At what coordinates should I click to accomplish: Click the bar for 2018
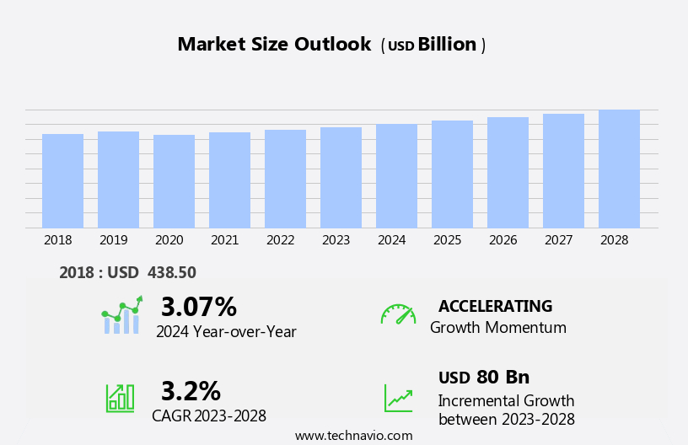click(x=62, y=180)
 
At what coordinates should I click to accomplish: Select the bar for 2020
click(x=174, y=181)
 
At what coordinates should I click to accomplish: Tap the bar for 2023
click(x=341, y=177)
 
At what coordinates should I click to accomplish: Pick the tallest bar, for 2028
click(x=619, y=169)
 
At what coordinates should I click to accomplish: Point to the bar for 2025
click(x=452, y=174)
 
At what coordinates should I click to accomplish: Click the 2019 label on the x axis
click(x=113, y=240)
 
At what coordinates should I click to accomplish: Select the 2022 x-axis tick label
click(x=280, y=240)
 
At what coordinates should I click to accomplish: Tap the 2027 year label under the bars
click(x=558, y=240)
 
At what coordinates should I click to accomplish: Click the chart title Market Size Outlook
click(x=274, y=45)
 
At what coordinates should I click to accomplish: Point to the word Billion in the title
click(x=447, y=45)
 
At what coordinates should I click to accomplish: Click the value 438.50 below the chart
click(x=171, y=273)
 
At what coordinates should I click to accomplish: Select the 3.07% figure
click(x=198, y=307)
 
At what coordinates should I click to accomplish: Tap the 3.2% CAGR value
click(x=191, y=391)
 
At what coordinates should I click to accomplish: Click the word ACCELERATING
click(x=495, y=306)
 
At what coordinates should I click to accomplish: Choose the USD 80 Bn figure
click(x=484, y=378)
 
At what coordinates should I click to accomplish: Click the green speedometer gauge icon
click(x=398, y=314)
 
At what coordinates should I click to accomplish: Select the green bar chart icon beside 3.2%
click(x=120, y=397)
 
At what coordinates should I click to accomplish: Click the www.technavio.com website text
click(x=353, y=436)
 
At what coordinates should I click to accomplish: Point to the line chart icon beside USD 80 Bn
click(x=398, y=397)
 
